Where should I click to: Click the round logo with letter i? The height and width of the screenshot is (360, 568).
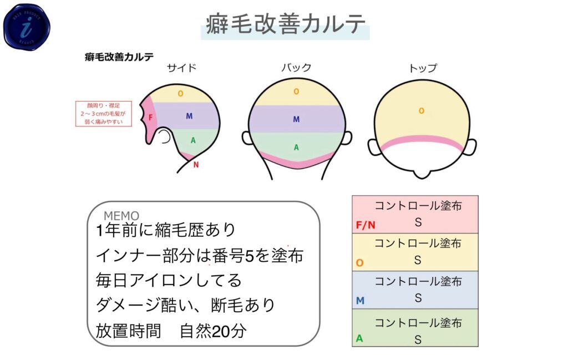(27, 26)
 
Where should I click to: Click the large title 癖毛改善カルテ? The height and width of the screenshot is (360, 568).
(285, 25)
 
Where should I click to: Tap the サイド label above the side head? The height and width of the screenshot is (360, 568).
(182, 68)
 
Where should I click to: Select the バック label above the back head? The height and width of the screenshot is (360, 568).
(296, 68)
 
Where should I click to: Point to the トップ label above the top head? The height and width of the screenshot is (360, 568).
(423, 68)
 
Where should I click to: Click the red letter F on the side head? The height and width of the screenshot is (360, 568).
(151, 118)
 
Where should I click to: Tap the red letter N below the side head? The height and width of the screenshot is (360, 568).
(195, 164)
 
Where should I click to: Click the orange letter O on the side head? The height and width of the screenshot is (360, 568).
(180, 94)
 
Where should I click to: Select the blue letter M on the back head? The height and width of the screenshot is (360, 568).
(296, 119)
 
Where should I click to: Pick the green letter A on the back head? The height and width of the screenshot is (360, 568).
(296, 148)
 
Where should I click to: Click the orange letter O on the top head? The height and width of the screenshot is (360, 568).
(422, 111)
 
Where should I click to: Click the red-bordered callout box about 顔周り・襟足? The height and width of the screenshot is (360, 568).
(103, 114)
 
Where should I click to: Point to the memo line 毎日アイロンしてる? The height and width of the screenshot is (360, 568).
(169, 281)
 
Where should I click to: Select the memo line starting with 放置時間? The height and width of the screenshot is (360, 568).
(171, 331)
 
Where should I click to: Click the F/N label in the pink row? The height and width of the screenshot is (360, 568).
(366, 225)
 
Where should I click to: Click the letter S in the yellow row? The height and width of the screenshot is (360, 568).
(418, 260)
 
